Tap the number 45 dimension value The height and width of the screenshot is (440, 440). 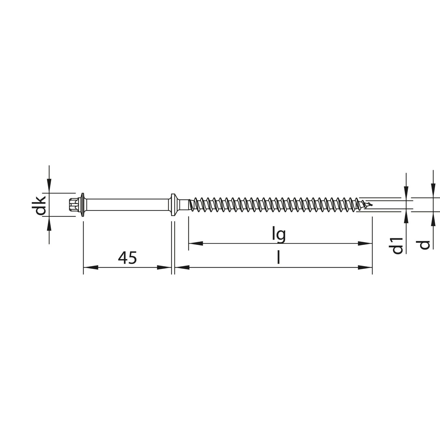click(x=127, y=258)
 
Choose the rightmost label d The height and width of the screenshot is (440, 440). click(x=424, y=245)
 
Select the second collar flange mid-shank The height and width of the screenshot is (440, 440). click(x=173, y=204)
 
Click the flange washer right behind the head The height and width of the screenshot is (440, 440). click(x=83, y=204)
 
